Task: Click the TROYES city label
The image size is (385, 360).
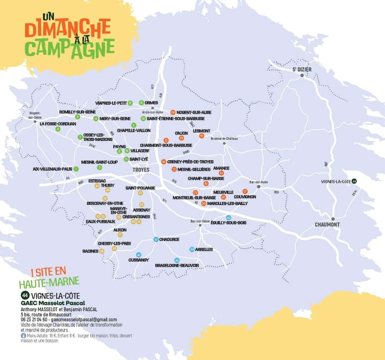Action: [141, 170]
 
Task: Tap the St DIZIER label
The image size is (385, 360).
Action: [302, 69]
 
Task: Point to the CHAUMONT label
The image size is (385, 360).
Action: [327, 224]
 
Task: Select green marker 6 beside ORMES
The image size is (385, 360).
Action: [142, 103]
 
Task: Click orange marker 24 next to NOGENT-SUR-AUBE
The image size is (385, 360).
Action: [173, 112]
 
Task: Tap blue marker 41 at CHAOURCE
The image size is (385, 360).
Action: [156, 239]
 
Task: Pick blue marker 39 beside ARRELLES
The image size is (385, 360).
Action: [192, 249]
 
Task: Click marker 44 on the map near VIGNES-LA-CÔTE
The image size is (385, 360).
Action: [354, 181]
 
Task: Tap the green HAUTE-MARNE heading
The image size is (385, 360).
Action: [49, 281]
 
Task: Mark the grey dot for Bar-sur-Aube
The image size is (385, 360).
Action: [259, 187]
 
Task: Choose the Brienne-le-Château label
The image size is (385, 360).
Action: [224, 139]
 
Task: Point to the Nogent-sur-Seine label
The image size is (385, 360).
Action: [35, 115]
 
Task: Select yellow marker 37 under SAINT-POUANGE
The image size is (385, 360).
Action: [140, 193]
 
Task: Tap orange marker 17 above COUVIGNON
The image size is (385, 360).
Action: [245, 191]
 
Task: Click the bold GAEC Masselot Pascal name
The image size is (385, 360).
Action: [53, 303]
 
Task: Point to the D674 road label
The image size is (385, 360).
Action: [354, 193]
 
